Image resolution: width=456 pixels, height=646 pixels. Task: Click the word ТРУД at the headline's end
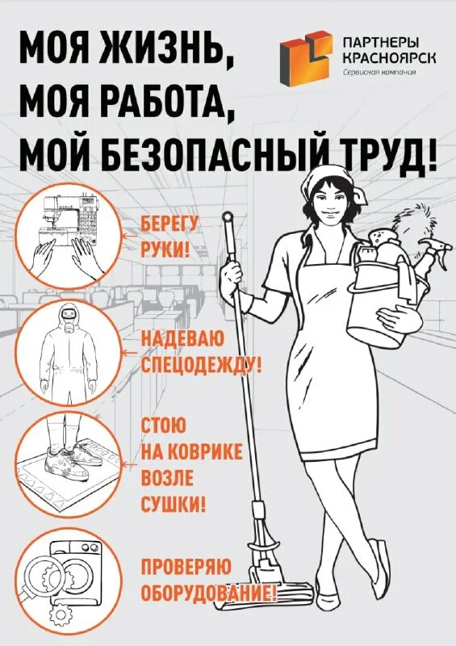[384, 153]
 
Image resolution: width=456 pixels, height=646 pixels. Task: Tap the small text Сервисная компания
[376, 72]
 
